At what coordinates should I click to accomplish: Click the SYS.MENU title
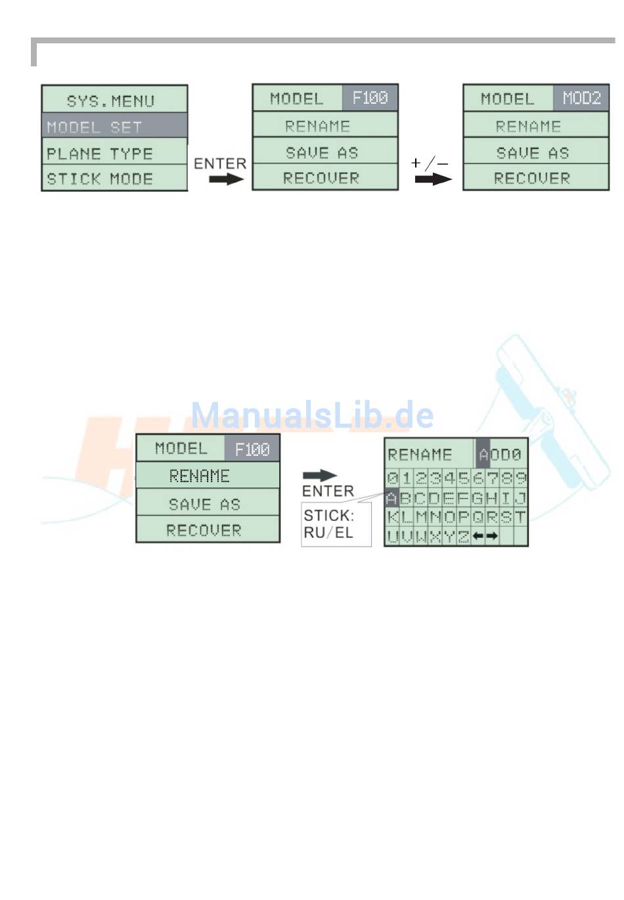pyautogui.click(x=110, y=101)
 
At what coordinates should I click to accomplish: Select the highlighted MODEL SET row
pyautogui.click(x=114, y=127)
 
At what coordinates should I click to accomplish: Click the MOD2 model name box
pyautogui.click(x=581, y=99)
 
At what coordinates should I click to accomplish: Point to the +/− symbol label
pyautogui.click(x=430, y=162)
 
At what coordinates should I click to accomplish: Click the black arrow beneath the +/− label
pyautogui.click(x=434, y=179)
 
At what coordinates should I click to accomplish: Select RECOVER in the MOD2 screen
pyautogui.click(x=532, y=178)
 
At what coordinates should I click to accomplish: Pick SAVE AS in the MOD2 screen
pyautogui.click(x=532, y=153)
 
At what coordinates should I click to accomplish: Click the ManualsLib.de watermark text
pyautogui.click(x=312, y=415)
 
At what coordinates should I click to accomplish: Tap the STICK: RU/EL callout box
pyautogui.click(x=336, y=524)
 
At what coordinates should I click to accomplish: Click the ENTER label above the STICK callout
pyautogui.click(x=327, y=491)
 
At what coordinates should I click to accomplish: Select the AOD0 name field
pyautogui.click(x=501, y=454)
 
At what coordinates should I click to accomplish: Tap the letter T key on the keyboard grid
pyautogui.click(x=520, y=517)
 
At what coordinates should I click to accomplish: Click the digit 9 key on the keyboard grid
pyautogui.click(x=520, y=478)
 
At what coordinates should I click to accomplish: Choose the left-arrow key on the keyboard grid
pyautogui.click(x=478, y=536)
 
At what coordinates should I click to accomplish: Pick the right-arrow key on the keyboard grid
pyautogui.click(x=492, y=536)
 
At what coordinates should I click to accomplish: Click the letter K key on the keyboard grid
pyautogui.click(x=392, y=517)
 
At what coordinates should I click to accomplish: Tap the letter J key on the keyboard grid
pyautogui.click(x=520, y=498)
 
